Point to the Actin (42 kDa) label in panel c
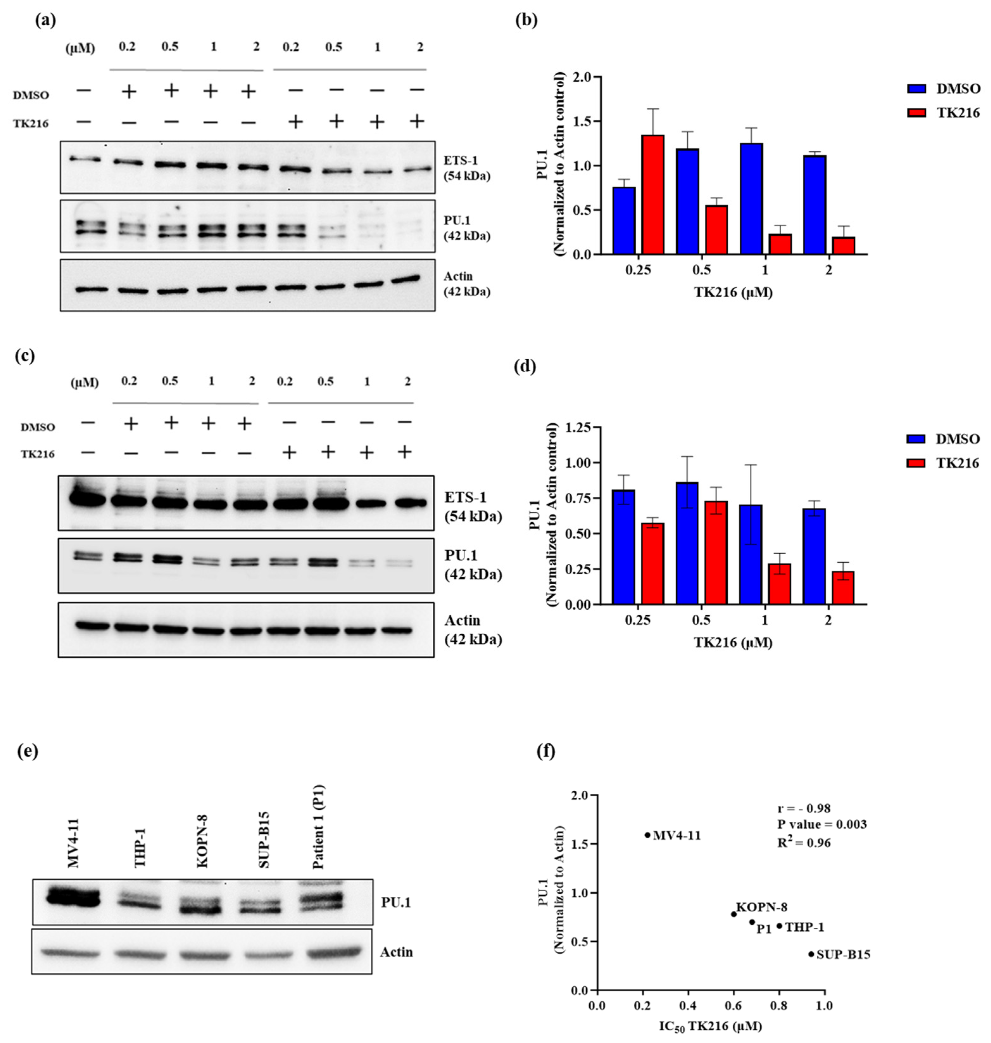tap(473, 630)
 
